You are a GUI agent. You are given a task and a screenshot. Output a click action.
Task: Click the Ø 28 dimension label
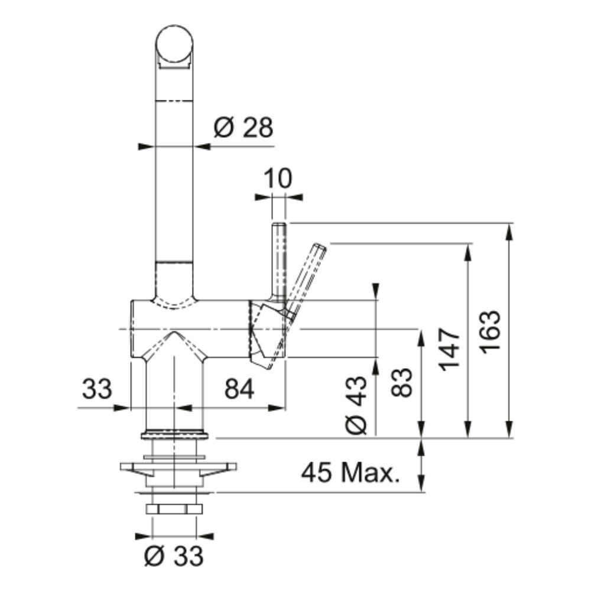click(x=243, y=128)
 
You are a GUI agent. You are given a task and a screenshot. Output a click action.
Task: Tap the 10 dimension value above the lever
click(x=278, y=178)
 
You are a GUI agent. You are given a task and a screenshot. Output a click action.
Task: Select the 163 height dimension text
click(x=491, y=332)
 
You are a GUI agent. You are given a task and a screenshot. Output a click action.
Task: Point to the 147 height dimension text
click(x=449, y=349)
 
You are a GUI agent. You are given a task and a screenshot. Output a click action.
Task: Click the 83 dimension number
click(x=402, y=382)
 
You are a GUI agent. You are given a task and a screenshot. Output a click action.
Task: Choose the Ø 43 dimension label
click(x=355, y=405)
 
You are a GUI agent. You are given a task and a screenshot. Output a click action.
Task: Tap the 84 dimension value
click(x=239, y=389)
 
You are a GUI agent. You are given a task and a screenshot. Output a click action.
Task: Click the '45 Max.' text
click(x=350, y=472)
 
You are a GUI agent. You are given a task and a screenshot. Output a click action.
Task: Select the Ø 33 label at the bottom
click(x=174, y=556)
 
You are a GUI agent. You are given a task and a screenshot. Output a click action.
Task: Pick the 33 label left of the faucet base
click(x=97, y=389)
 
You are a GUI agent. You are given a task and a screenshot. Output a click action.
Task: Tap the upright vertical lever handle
click(x=278, y=263)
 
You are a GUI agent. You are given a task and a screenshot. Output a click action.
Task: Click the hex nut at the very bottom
click(x=174, y=509)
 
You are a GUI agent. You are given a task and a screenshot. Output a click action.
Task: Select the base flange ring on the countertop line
click(x=174, y=434)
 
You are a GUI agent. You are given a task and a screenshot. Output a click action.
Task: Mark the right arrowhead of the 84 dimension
click(x=276, y=408)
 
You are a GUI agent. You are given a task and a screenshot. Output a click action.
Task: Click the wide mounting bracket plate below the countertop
click(x=178, y=467)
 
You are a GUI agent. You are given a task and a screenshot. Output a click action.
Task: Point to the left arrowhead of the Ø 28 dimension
click(x=147, y=146)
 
